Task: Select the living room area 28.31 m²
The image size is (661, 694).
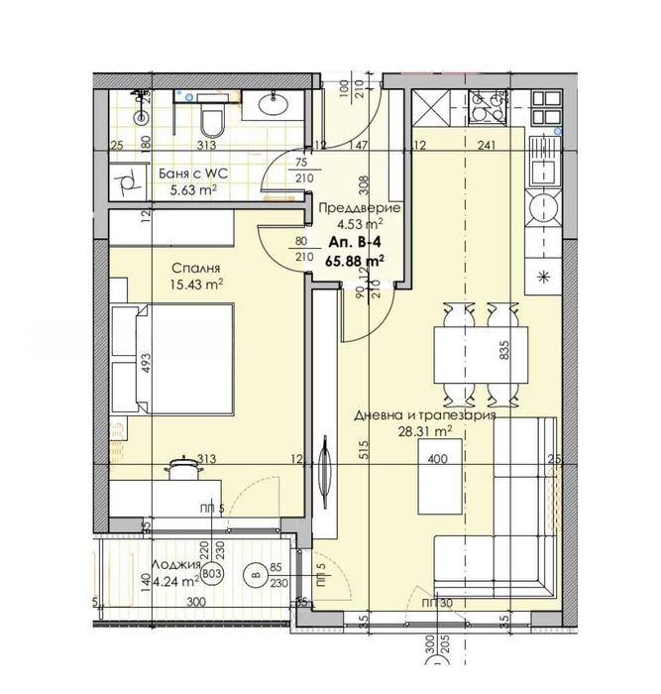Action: point(423,432)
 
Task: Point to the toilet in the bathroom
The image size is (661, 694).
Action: point(210,122)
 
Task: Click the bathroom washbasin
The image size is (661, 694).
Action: point(274,103)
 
